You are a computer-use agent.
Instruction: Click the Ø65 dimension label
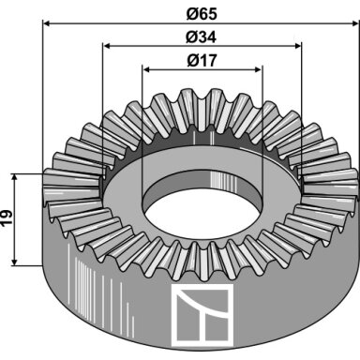pos(202,14)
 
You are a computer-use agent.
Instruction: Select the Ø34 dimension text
pos(202,37)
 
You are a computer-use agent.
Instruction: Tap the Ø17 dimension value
pos(202,60)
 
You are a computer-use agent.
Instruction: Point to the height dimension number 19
pos(7,218)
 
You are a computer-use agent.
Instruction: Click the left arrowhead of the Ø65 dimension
pos(47,23)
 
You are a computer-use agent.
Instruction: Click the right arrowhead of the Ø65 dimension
pos(355,23)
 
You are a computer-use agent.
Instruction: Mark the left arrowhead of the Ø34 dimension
pos(108,46)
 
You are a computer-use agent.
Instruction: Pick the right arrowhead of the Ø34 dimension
pos(297,46)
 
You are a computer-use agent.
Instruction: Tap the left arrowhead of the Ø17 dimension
pos(147,69)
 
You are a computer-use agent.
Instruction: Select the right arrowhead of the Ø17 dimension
pos(257,69)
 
